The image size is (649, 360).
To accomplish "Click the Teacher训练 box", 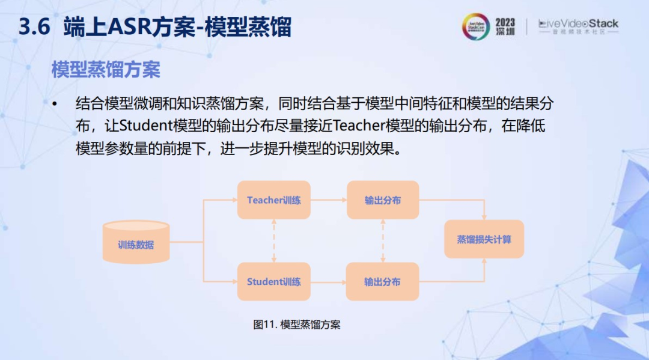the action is [273, 200].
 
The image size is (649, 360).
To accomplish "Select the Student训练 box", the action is [273, 281].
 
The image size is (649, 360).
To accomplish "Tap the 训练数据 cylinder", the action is [136, 242].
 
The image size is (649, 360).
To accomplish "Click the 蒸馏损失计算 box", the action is [484, 239].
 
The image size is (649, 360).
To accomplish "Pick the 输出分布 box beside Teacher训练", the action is [383, 200].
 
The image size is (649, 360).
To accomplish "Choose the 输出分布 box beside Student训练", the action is [382, 281].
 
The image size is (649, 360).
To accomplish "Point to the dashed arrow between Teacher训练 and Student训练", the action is [274, 241].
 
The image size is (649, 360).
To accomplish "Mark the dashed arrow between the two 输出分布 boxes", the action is [383, 241].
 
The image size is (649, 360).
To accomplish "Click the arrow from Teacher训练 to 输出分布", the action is [329, 200].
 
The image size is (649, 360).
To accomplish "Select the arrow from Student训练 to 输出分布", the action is [328, 282].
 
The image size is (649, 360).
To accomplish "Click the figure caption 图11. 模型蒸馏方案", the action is [297, 325].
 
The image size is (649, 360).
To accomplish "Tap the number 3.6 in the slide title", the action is [34, 27].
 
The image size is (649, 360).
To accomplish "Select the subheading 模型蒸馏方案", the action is [106, 70].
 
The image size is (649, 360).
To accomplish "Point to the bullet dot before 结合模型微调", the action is [55, 105].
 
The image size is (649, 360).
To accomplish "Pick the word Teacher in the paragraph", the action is [358, 126].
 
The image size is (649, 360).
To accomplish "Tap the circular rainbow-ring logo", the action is [476, 26].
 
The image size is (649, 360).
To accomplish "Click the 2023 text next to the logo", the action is [505, 22].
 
